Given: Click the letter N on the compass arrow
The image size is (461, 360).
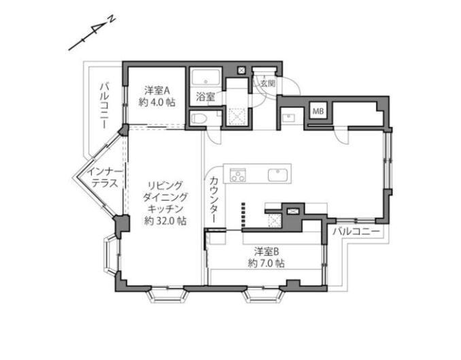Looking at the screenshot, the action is coord(112,20).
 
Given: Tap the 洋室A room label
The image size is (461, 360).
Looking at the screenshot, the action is coord(157,91).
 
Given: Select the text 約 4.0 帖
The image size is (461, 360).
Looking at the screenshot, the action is coord(157,102).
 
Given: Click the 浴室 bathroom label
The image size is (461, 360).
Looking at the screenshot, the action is coord(205,97).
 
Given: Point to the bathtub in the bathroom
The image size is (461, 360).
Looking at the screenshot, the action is coord(206,78).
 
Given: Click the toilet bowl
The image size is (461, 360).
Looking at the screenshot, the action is coord(200,119).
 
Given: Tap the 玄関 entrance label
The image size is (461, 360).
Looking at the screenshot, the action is coord(268,84).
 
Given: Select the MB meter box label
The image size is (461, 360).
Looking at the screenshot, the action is coord(318,112).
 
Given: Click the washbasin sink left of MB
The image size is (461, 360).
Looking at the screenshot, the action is coord(288,118).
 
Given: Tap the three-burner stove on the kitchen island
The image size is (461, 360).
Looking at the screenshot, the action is coord(237,175).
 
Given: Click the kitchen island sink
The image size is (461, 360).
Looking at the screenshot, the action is coord(277,175).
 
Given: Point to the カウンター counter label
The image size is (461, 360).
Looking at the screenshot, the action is coord(214,199).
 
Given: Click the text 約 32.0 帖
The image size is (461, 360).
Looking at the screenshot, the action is coord(165,220).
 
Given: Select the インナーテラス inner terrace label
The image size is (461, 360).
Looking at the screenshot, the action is coord(105,178).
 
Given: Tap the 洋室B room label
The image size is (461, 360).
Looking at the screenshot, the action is coord(267,252).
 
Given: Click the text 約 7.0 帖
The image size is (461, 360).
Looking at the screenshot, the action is coord(267,263).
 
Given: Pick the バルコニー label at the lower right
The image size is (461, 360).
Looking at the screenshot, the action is coord(356,231).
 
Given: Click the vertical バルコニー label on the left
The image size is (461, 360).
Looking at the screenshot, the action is coord(104,106).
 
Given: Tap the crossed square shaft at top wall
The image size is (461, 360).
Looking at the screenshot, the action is coord(241,70).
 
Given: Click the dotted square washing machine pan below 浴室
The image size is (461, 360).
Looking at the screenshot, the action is coord(237,116).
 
